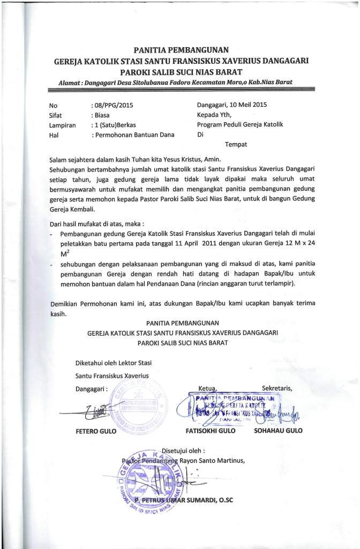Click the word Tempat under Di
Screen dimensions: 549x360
pos(236,145)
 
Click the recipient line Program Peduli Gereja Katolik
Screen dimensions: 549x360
pos(240,124)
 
